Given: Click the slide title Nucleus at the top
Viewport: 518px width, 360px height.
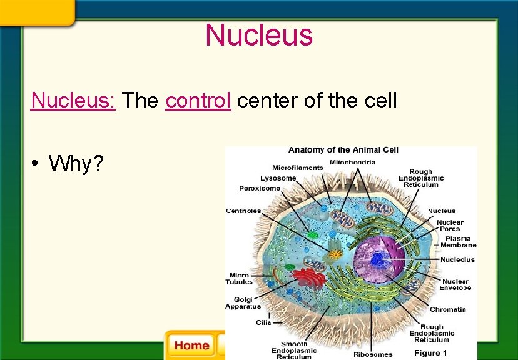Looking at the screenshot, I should pyautogui.click(x=259, y=35).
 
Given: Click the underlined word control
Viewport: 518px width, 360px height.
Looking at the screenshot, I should pyautogui.click(x=198, y=100).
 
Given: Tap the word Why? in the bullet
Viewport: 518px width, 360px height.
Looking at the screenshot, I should pyautogui.click(x=76, y=164).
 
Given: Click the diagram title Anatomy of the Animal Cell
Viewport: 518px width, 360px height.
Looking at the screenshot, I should pyautogui.click(x=343, y=150).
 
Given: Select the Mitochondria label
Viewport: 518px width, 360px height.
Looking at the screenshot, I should pyautogui.click(x=352, y=162).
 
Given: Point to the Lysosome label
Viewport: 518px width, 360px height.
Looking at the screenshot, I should pyautogui.click(x=278, y=178).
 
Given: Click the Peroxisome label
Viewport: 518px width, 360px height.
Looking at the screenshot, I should pyautogui.click(x=260, y=188).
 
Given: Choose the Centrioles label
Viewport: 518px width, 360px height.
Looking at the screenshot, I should pyautogui.click(x=243, y=211).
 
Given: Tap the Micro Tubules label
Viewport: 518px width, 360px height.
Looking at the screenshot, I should pyautogui.click(x=239, y=279).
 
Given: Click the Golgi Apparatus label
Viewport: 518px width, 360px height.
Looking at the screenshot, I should pyautogui.click(x=243, y=303).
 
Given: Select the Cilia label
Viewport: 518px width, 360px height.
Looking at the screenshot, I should pyautogui.click(x=263, y=322).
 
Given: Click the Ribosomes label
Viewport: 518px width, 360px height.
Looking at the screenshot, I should pyautogui.click(x=373, y=354).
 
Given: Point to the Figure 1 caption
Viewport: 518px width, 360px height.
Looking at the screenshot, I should pyautogui.click(x=431, y=353).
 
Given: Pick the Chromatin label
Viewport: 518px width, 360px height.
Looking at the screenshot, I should pyautogui.click(x=447, y=309).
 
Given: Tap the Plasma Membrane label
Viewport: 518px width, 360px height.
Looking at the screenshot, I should pyautogui.click(x=458, y=242).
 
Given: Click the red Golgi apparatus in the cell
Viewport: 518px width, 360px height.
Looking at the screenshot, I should pyautogui.click(x=307, y=279).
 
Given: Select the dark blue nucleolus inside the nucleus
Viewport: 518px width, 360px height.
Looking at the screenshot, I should pyautogui.click(x=378, y=259).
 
